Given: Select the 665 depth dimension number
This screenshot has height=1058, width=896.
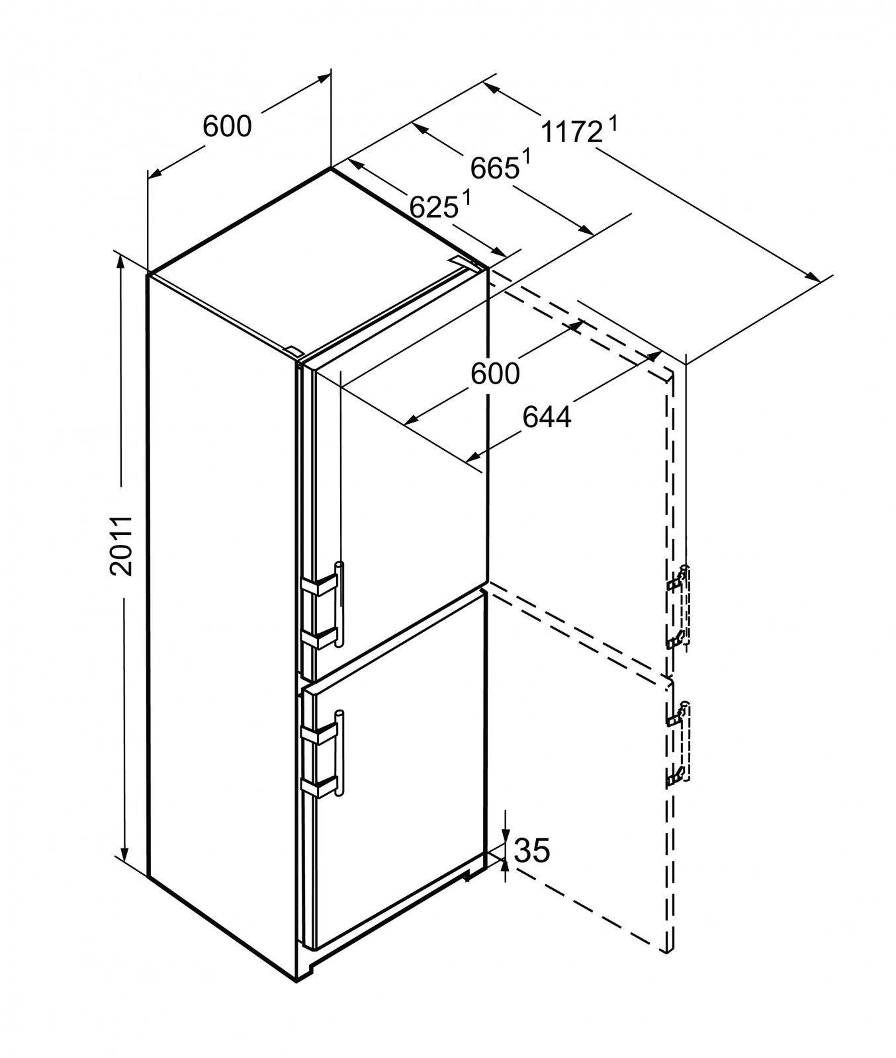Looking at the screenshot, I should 495,169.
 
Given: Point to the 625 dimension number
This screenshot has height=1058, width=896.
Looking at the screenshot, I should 433,207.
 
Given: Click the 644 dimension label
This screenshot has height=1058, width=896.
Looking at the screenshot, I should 547,417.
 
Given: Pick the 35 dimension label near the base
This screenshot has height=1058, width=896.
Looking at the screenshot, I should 531,850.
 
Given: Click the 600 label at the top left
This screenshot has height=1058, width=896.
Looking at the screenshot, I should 227,126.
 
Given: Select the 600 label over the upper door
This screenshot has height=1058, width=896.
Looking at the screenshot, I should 495,374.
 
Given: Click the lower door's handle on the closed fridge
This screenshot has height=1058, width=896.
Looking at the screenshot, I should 339,753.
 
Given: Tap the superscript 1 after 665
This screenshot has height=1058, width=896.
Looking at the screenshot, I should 527,157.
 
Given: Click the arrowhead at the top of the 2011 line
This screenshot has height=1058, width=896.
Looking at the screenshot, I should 121,260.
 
